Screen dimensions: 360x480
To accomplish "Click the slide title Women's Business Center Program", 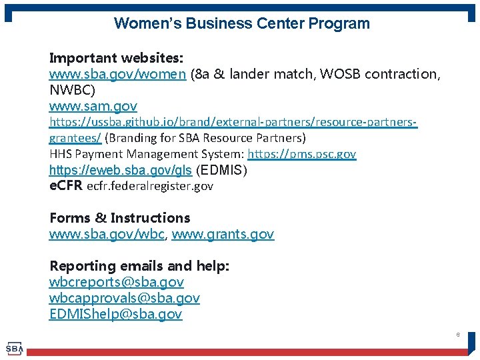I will point(241,23).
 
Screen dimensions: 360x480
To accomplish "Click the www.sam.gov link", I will point(93,106).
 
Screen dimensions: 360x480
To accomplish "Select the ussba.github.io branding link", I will point(233,123).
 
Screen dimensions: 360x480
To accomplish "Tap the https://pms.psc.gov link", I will point(302,154).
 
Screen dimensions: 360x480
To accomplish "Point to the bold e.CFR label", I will point(66,186).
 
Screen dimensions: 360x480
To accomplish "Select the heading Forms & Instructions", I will point(120,218).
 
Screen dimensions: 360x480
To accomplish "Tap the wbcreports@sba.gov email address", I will point(117,282).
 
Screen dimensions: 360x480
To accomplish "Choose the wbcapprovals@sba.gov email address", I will point(125,298).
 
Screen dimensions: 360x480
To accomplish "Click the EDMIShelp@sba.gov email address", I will point(115,314).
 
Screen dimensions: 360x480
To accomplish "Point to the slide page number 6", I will point(458,334).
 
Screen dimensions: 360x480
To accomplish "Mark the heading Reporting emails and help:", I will point(139,266).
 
